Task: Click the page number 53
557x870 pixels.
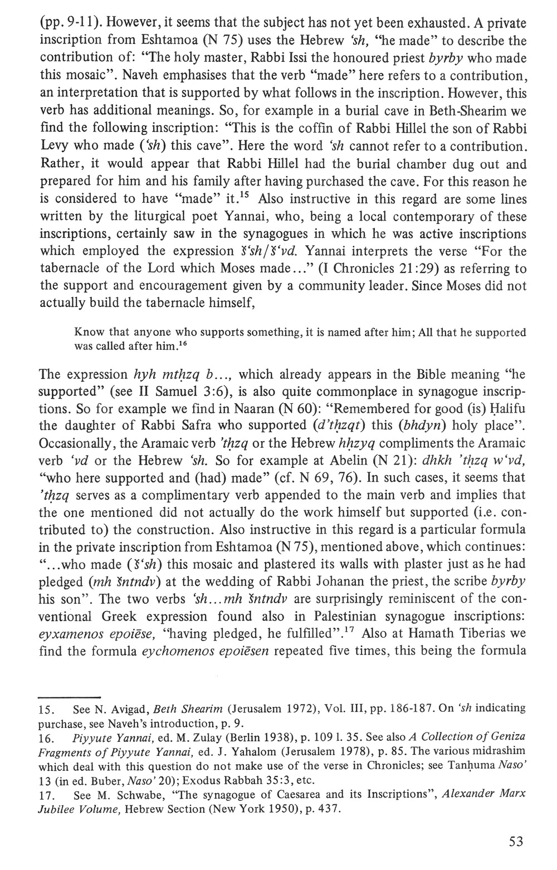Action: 516,841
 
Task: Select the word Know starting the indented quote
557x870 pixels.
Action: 85,333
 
